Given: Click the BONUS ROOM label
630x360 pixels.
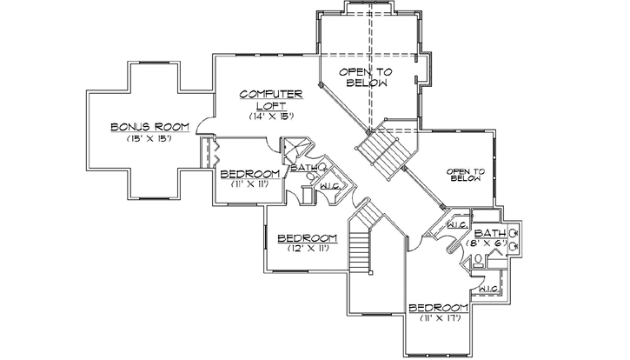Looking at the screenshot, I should click(x=144, y=128).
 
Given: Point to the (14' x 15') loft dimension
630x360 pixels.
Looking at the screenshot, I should click(x=270, y=116).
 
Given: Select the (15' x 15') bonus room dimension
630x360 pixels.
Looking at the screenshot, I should click(x=144, y=138).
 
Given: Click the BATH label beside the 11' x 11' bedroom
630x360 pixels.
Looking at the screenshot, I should click(x=303, y=168).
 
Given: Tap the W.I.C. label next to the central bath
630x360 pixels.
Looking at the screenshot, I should click(x=329, y=186).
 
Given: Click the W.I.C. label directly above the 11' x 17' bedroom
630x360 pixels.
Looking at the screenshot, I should click(x=487, y=289).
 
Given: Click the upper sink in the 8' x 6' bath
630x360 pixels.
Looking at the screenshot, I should click(x=514, y=233).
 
